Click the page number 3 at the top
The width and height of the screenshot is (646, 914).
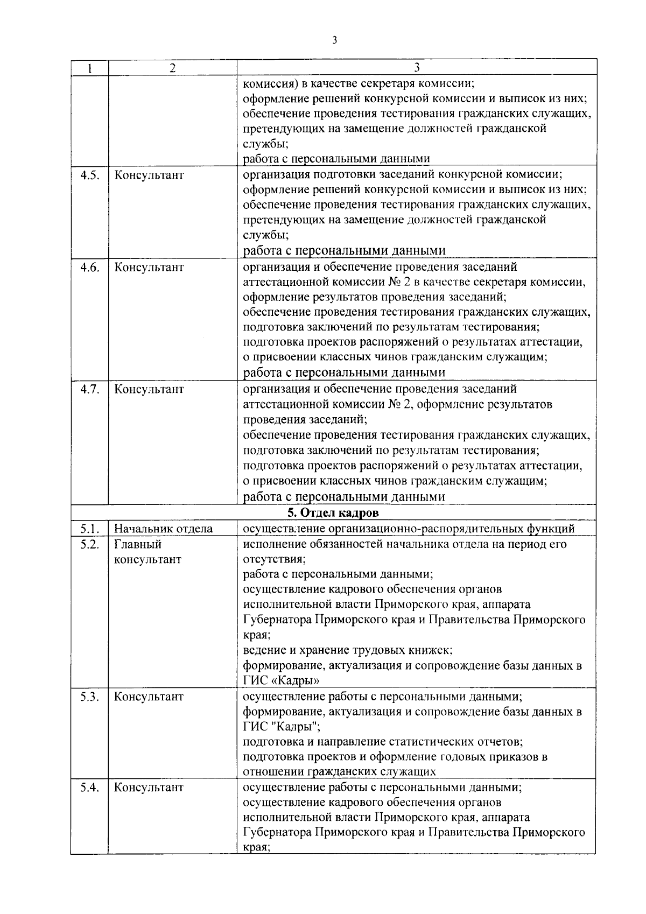coord(335,40)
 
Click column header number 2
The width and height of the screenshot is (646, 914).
coord(172,68)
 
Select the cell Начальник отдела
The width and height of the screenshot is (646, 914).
coord(163,529)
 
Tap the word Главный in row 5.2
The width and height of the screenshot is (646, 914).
coord(138,544)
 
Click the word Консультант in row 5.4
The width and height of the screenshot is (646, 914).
coord(149,788)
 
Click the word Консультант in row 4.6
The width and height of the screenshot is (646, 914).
coord(149,268)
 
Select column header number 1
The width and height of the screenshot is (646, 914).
coord(89,68)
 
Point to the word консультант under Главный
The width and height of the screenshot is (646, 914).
coord(148,559)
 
